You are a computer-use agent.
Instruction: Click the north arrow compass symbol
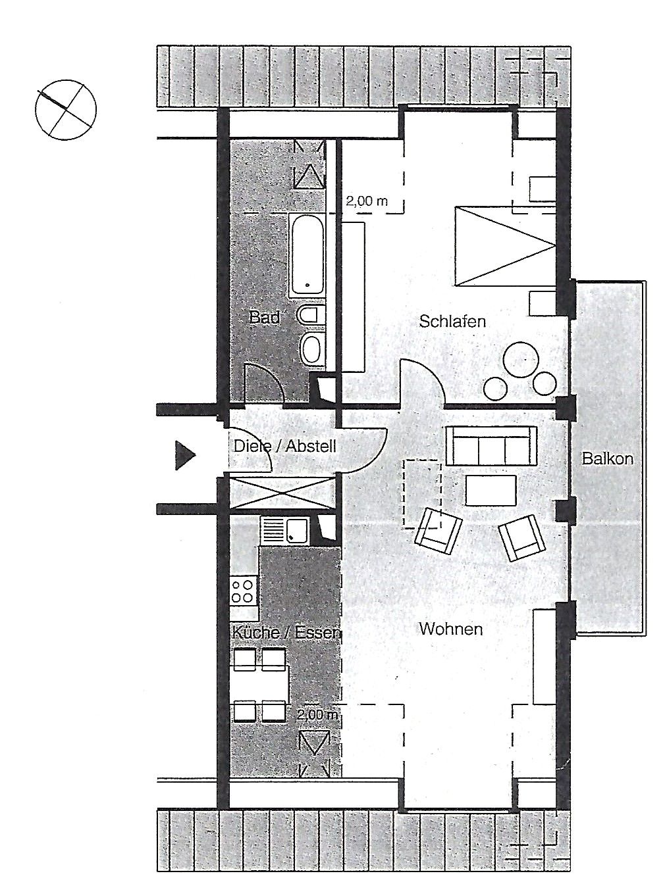(x=66, y=110)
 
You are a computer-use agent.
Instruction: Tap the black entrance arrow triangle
(x=185, y=455)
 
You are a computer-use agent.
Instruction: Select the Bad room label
(x=265, y=317)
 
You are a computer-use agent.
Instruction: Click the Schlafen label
(x=452, y=321)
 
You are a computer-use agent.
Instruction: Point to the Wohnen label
(x=451, y=629)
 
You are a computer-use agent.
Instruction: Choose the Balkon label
(x=607, y=458)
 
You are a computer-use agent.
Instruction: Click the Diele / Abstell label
(x=284, y=446)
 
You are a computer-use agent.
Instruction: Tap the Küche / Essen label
(x=286, y=633)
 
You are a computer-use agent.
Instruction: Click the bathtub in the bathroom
(x=307, y=256)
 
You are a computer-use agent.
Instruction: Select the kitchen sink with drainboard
(x=284, y=530)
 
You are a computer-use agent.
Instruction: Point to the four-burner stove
(x=242, y=590)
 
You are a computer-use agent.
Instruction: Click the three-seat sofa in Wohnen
(x=491, y=446)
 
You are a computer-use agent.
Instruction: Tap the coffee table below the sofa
(x=491, y=490)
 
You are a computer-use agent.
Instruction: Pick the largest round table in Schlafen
(x=520, y=359)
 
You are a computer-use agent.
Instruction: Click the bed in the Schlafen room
(x=506, y=246)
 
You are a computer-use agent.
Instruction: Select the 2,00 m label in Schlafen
(x=366, y=201)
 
